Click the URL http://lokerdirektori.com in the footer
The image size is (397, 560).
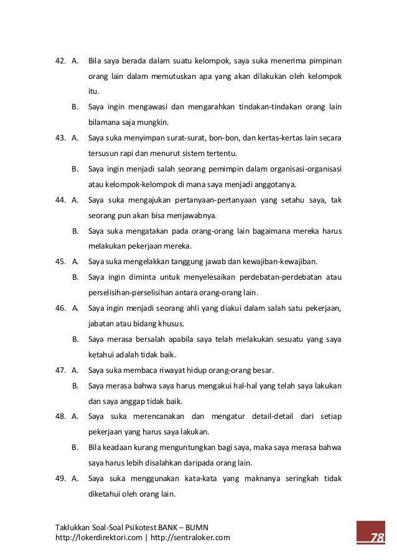pos(98,538)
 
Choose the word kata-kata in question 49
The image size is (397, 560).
pos(197,479)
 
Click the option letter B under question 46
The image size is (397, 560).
pos(75,339)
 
